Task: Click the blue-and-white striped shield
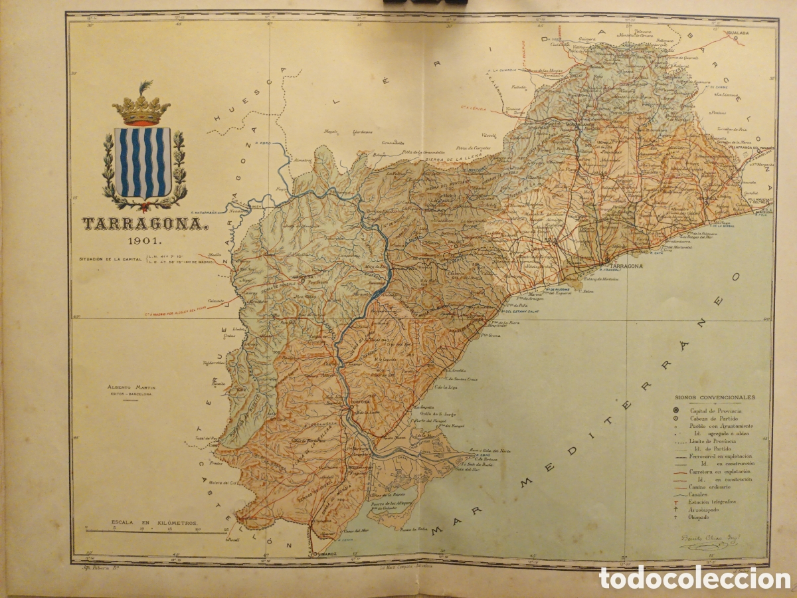[x=142, y=162]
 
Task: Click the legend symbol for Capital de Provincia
[x=675, y=411]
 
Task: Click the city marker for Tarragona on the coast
[x=608, y=260]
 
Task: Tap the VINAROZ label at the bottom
[x=323, y=553]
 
